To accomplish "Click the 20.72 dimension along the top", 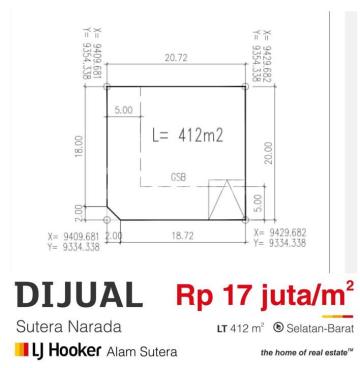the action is tap(176, 58).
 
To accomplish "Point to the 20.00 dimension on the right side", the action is tap(269, 153).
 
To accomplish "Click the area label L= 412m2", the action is tap(187, 136).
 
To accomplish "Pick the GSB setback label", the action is tap(178, 177).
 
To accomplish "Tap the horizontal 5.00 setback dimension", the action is tap(124, 110).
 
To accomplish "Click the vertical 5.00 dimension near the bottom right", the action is tap(259, 204).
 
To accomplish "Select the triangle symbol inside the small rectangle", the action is tap(227, 199).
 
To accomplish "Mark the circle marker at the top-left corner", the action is tap(107, 87).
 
